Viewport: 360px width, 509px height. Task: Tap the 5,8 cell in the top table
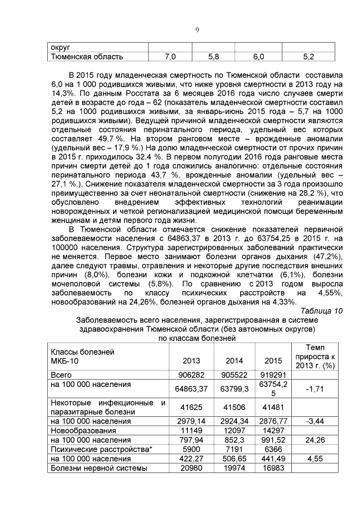pos(213,57)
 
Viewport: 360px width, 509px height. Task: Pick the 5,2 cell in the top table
pos(308,57)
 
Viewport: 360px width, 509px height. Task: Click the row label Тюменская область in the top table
pos(87,57)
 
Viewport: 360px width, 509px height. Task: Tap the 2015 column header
pos(272,361)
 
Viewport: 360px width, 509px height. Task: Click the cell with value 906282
pos(192,375)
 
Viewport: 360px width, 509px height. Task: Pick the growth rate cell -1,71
pos(313,388)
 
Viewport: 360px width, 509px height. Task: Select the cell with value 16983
pos(272,468)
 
